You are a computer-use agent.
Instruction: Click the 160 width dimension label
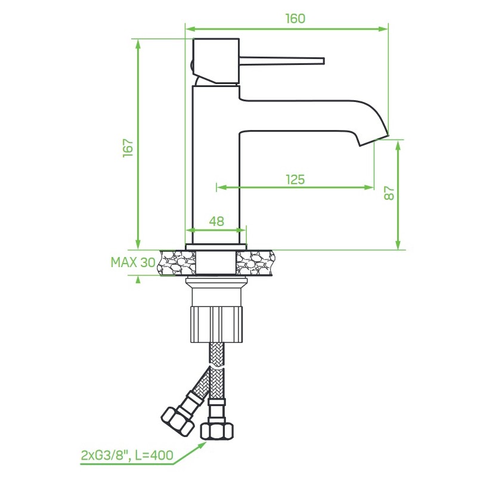(295, 18)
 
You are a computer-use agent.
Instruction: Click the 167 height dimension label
(128, 148)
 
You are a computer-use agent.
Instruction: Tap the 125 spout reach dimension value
(295, 179)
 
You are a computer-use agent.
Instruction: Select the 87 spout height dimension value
(389, 193)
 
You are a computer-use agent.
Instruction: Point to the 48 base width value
(216, 221)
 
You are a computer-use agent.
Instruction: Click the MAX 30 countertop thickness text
(133, 262)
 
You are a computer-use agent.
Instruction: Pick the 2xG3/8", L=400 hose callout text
(127, 455)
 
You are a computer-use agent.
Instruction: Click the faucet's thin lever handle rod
(281, 61)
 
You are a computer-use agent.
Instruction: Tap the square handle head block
(216, 61)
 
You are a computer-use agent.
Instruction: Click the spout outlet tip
(374, 141)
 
